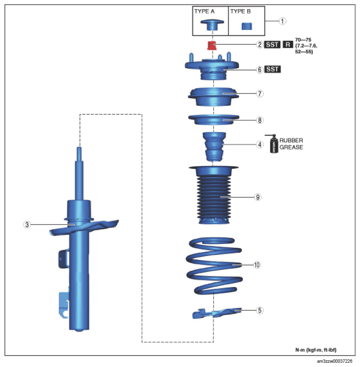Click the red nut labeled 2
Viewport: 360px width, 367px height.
click(x=212, y=45)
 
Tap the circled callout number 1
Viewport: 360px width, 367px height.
click(x=282, y=21)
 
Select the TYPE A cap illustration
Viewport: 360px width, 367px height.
click(x=212, y=25)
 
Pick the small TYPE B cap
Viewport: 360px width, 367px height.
click(x=247, y=26)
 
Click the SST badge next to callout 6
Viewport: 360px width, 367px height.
click(x=272, y=69)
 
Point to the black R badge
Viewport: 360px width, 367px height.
click(x=288, y=44)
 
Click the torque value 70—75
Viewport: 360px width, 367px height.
click(x=303, y=40)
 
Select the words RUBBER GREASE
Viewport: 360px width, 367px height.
click(x=291, y=144)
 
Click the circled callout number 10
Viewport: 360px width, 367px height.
click(x=257, y=265)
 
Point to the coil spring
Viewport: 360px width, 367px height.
click(x=214, y=265)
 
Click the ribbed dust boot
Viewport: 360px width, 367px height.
click(x=214, y=195)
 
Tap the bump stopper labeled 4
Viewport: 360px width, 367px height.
click(x=214, y=147)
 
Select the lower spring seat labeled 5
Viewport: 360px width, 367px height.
click(x=217, y=313)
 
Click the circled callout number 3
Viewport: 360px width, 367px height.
click(x=27, y=224)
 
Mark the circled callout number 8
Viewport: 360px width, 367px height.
click(x=260, y=120)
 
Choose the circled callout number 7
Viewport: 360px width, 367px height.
click(x=260, y=93)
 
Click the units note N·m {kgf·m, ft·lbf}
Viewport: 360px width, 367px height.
click(x=316, y=350)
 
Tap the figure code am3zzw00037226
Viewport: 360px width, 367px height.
click(x=334, y=361)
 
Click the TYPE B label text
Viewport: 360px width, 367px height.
click(x=240, y=11)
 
